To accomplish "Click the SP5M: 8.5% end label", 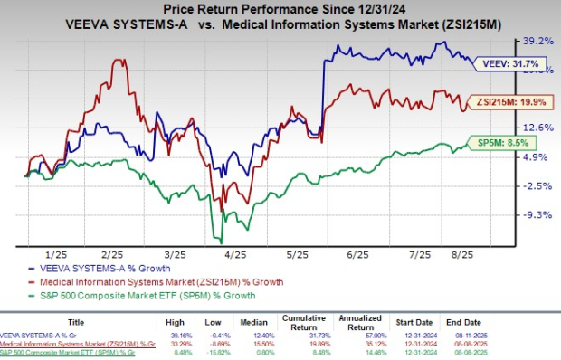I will coord(500,143).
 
